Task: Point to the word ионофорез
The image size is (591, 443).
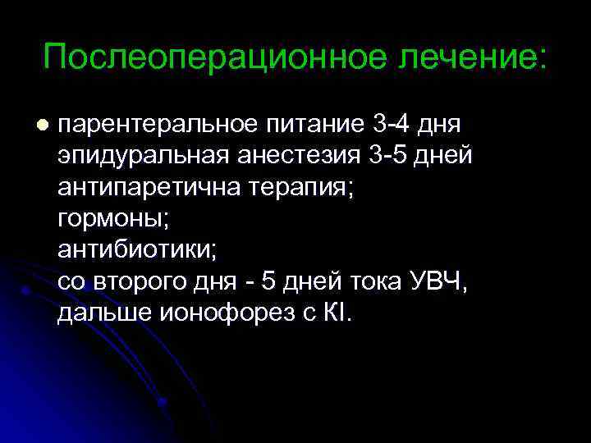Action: click(x=204, y=313)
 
